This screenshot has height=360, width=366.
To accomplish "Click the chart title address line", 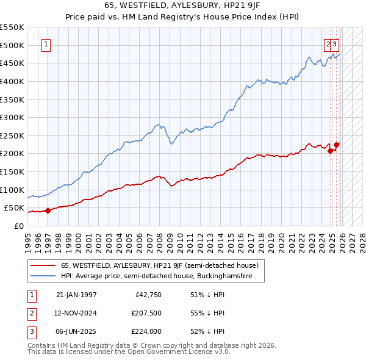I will coord(182,5).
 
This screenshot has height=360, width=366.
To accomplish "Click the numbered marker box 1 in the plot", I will coord(48,44).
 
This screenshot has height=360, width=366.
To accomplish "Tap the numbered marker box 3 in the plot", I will coord(335,44).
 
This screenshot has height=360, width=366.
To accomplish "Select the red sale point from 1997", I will coord(48,211).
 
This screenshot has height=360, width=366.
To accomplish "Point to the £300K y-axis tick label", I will coord(12,117).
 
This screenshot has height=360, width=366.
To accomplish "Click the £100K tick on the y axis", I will coord(12,190).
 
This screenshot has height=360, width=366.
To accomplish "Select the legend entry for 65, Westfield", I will coord(160,266).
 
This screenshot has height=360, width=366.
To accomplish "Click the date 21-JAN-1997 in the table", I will coord(76,295).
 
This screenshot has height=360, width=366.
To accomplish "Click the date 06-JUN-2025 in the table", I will coord(76,331).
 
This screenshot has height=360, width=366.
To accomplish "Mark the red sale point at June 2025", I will coord(337,145).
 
